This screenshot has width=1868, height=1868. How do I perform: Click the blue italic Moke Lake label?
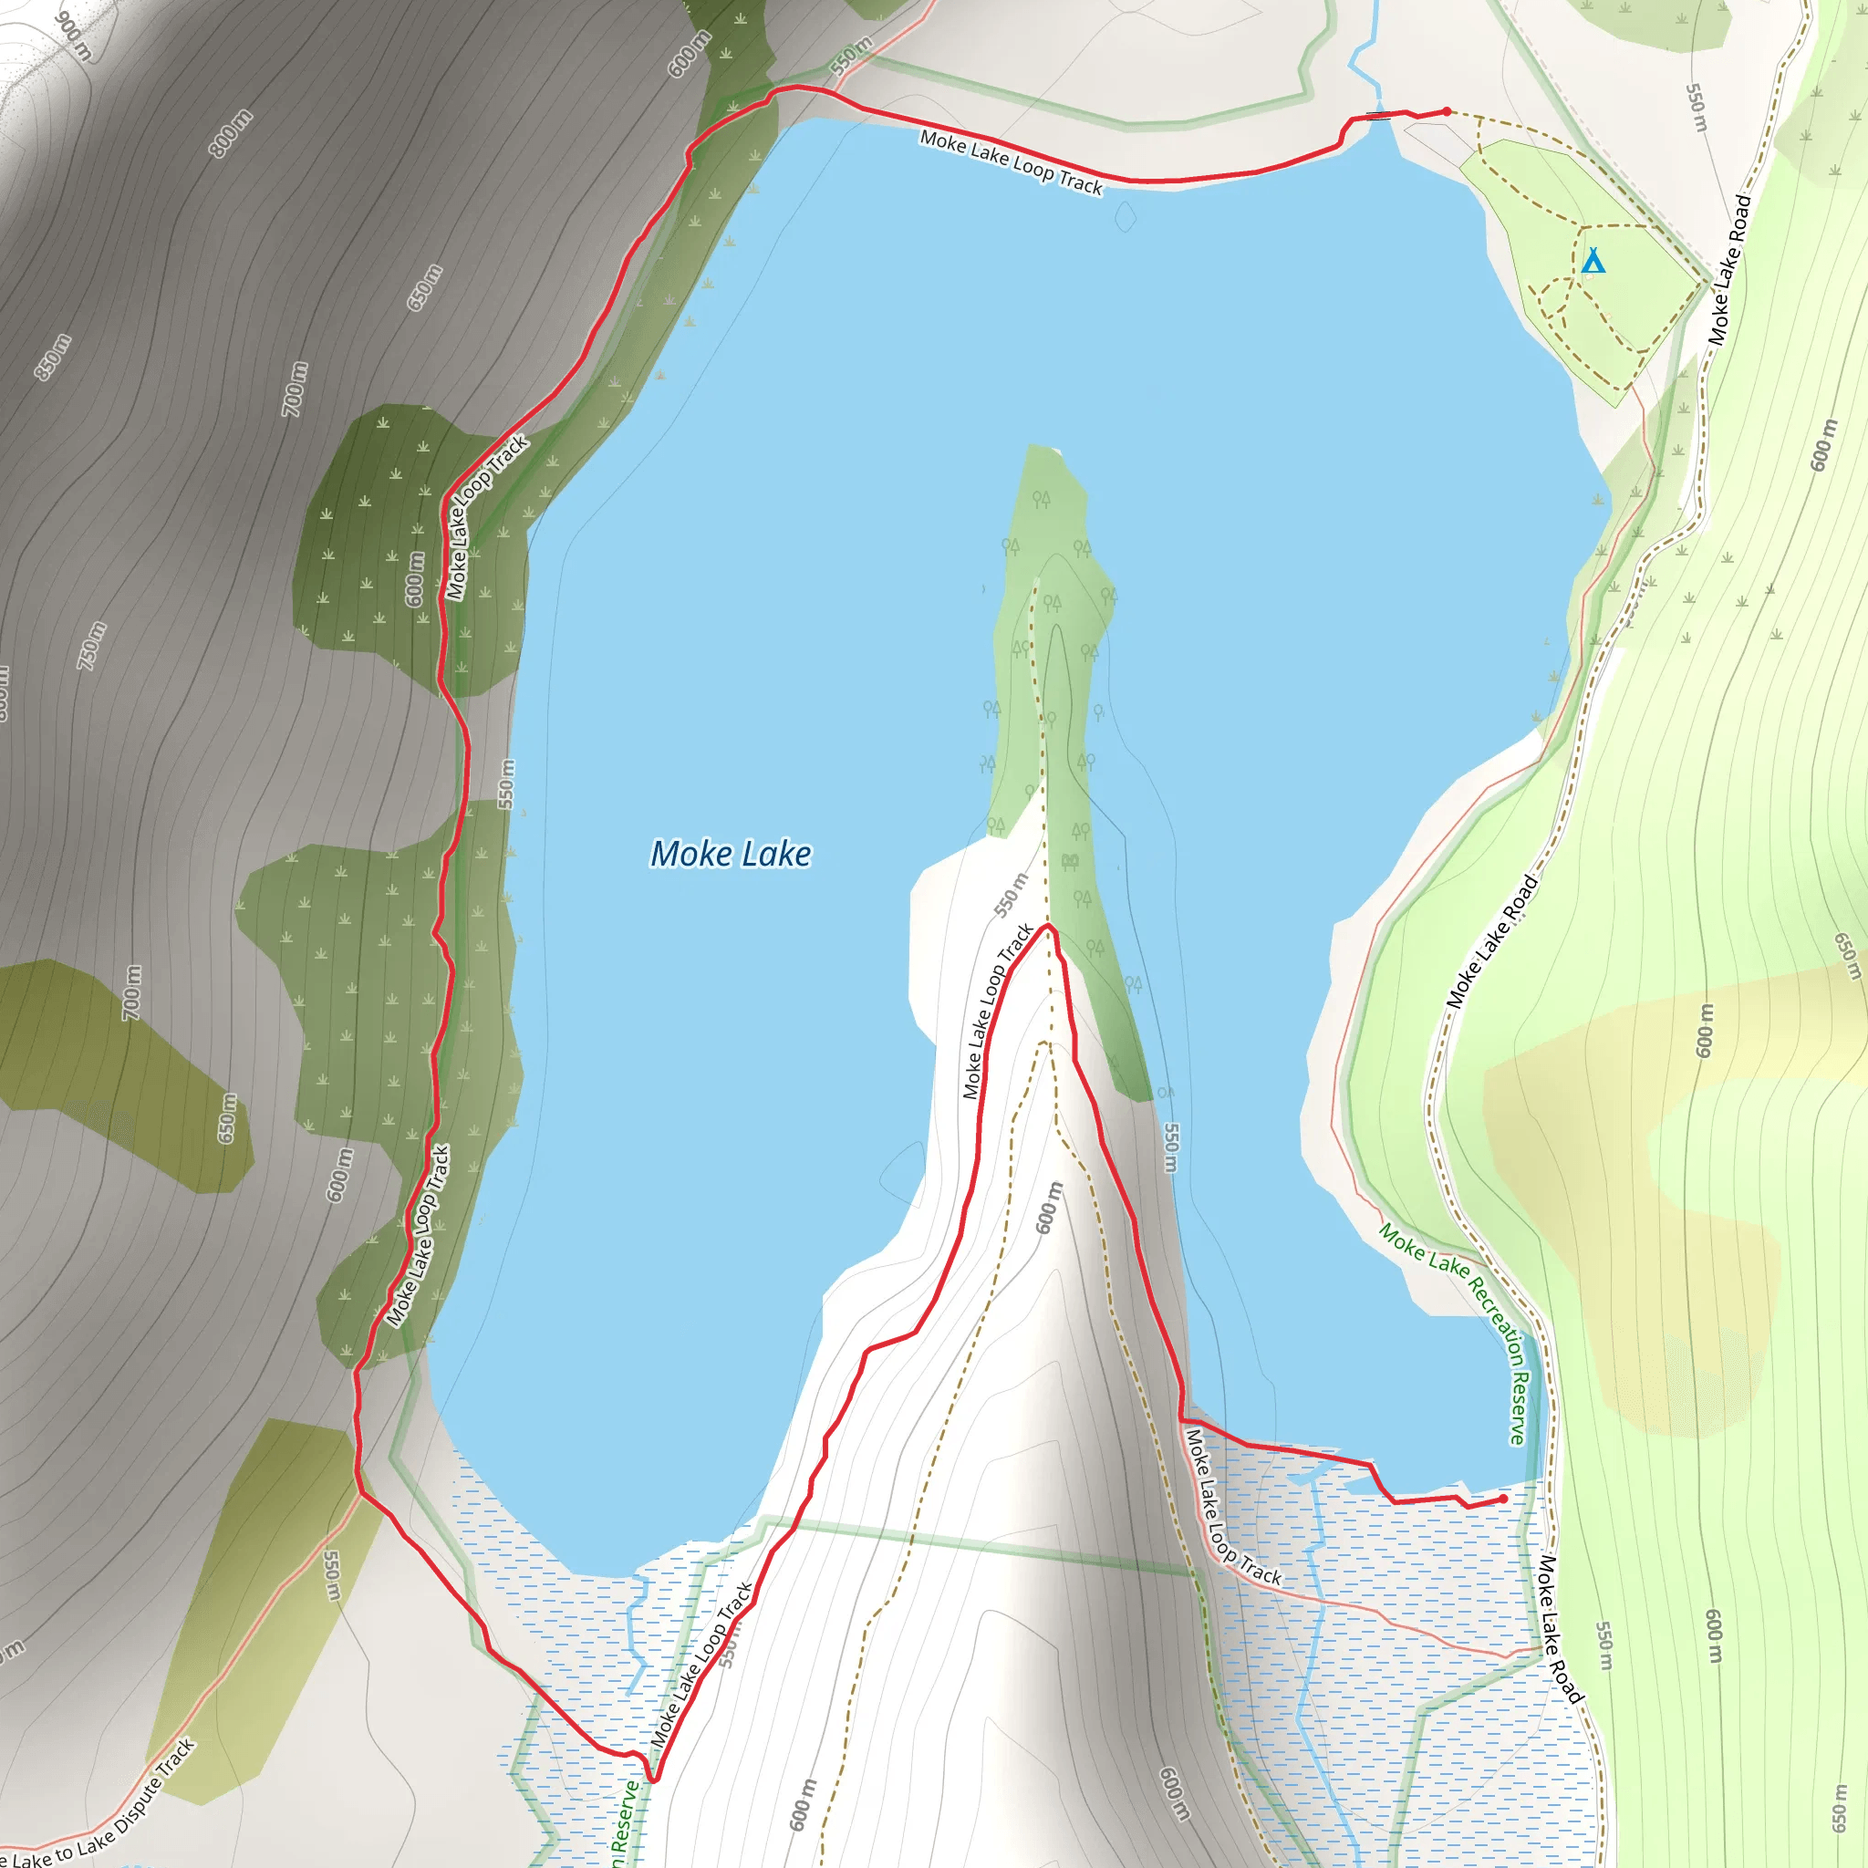coord(731,854)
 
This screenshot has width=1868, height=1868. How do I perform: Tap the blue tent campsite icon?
coord(1593,261)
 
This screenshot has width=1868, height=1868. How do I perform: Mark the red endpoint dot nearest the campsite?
coord(1447,111)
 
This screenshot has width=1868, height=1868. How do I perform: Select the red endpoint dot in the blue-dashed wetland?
coord(1502,1499)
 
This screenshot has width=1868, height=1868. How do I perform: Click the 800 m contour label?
coord(230,133)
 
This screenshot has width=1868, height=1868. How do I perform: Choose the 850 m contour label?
coord(53,357)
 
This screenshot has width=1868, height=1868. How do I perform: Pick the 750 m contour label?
coord(92,646)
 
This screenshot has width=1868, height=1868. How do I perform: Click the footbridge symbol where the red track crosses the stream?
coord(1381,115)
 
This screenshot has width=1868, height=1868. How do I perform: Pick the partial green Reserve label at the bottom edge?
coord(626,1822)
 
